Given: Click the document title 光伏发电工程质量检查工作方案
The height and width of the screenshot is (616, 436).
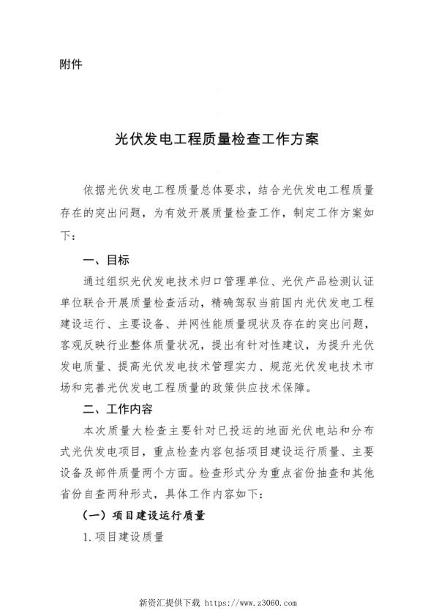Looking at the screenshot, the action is pos(217,139).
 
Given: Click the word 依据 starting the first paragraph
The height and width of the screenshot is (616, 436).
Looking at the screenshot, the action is pos(95,192).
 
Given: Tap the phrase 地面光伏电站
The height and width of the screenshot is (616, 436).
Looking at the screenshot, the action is pos(298,431).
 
